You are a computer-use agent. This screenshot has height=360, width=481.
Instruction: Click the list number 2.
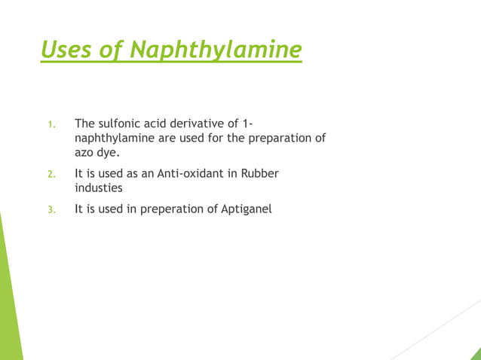pyautogui.click(x=51, y=175)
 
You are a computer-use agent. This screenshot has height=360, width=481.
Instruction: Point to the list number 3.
pyautogui.click(x=51, y=210)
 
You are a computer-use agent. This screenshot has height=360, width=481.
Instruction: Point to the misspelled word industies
pyautogui.click(x=98, y=188)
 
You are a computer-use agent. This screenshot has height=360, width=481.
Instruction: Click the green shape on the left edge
pyautogui.click(x=9, y=301)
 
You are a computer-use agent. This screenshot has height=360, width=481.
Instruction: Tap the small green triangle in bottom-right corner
pyautogui.click(x=475, y=354)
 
